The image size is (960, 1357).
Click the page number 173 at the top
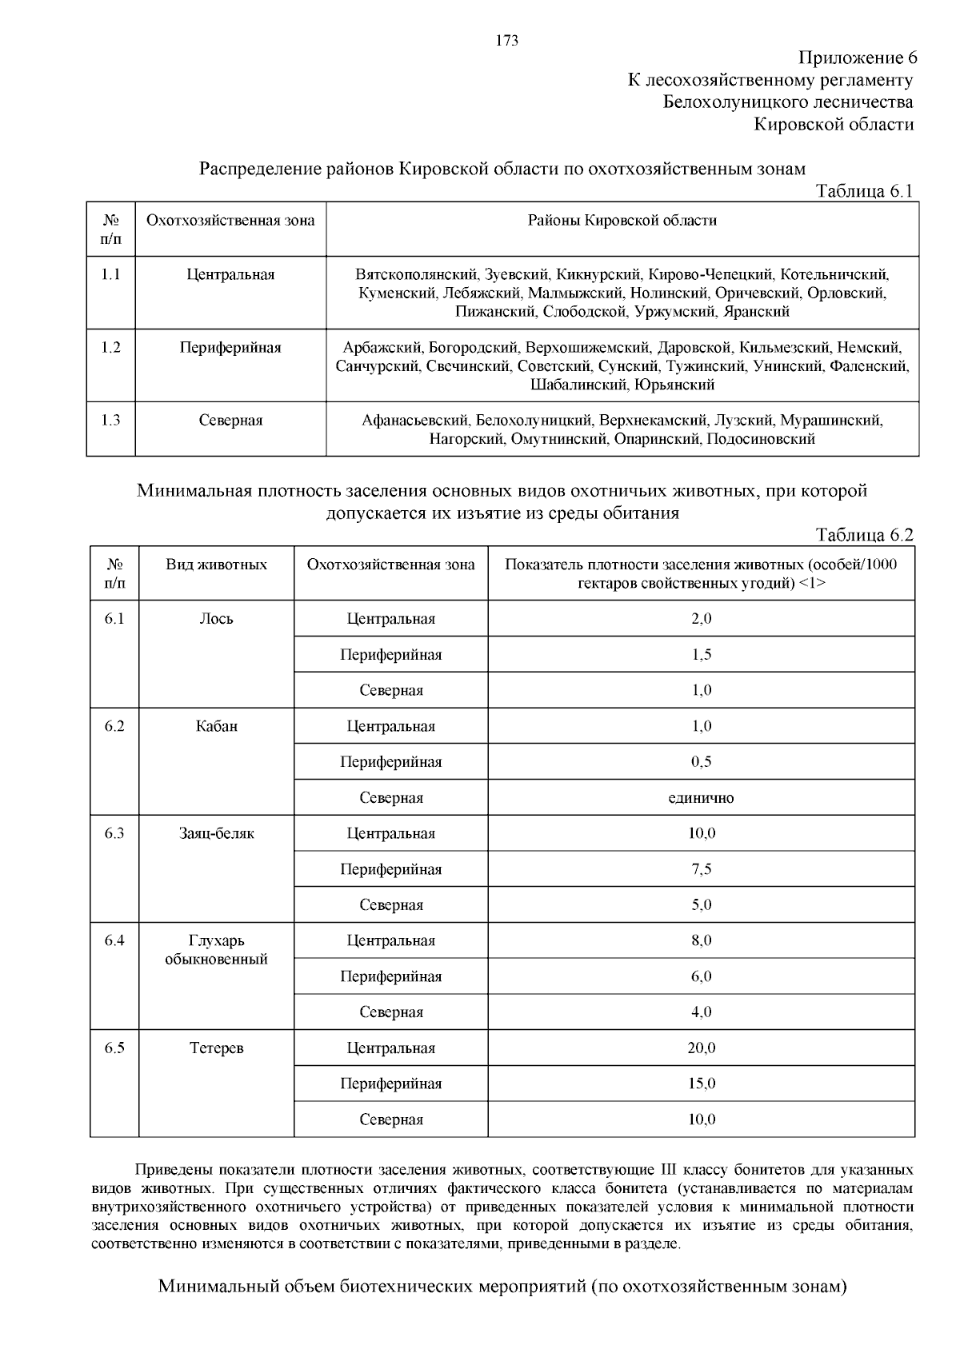pyautogui.click(x=507, y=41)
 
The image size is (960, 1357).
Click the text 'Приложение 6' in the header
pyautogui.click(x=857, y=58)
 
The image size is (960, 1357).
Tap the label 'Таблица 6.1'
pyautogui.click(x=863, y=191)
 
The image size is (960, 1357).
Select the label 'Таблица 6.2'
pyautogui.click(x=864, y=536)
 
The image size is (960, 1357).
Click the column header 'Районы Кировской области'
pyautogui.click(x=622, y=221)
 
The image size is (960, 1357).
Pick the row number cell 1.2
pyautogui.click(x=110, y=348)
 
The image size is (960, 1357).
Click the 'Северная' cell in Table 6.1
pyautogui.click(x=230, y=421)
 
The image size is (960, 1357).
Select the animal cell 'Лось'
pyautogui.click(x=216, y=619)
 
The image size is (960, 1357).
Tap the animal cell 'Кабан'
pyautogui.click(x=216, y=726)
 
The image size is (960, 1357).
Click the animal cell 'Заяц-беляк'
pyautogui.click(x=216, y=833)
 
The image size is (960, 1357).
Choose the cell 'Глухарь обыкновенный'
pyautogui.click(x=216, y=950)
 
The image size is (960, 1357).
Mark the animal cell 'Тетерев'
pyautogui.click(x=216, y=1048)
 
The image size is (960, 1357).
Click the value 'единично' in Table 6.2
pyautogui.click(x=701, y=798)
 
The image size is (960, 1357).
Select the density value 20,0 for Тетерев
pyautogui.click(x=701, y=1048)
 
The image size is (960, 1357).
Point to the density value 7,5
pyautogui.click(x=701, y=869)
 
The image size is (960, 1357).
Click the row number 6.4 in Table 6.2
pyautogui.click(x=114, y=941)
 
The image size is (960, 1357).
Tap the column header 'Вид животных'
pyautogui.click(x=216, y=565)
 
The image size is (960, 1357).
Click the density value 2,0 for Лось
pyautogui.click(x=701, y=619)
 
